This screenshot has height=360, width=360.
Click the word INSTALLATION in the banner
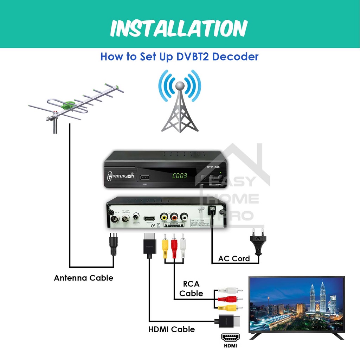click(x=179, y=28)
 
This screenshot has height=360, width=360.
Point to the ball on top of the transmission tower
click(x=180, y=85)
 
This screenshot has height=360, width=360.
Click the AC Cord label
click(x=234, y=259)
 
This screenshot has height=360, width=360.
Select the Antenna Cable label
click(x=84, y=278)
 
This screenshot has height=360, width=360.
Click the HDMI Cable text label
click(x=172, y=329)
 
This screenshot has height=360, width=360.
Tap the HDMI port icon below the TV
click(x=230, y=338)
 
